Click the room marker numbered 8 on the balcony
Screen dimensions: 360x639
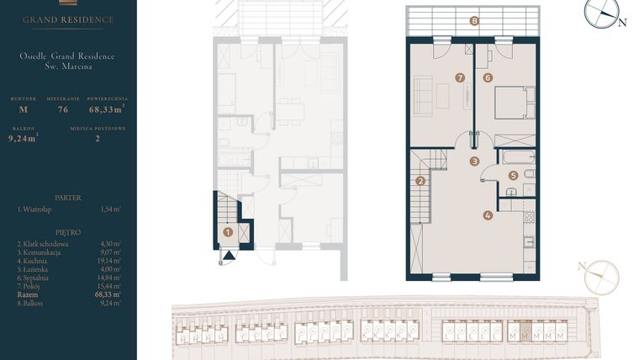coord(474,22)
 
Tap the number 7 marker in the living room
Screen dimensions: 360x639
coord(460,77)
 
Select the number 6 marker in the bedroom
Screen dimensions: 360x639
coord(488,77)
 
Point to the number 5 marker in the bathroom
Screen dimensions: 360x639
coord(513,176)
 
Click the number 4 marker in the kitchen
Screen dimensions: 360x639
coord(488,214)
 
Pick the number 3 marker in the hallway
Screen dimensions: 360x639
coord(474,161)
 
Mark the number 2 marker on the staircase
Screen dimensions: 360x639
coord(420,180)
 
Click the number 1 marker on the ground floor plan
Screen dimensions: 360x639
coord(228,231)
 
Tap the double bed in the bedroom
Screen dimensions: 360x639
coord(513,104)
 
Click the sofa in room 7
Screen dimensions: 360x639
coord(423,94)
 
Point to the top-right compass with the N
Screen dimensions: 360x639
coord(602,12)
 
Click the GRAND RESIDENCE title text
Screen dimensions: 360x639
coord(68,19)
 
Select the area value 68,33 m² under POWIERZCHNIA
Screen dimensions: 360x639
coord(107,109)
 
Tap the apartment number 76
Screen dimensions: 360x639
coord(63,109)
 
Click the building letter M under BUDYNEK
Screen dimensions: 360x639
coord(24,109)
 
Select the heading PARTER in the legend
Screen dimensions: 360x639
coord(68,198)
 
